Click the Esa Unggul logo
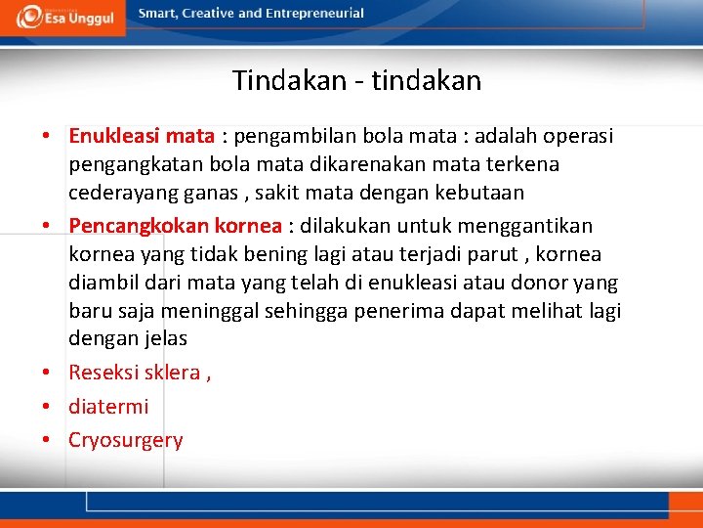pyautogui.click(x=63, y=17)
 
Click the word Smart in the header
pyautogui.click(x=158, y=14)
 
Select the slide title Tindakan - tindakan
pyautogui.click(x=356, y=80)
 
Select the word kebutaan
pyautogui.click(x=478, y=193)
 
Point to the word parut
pyautogui.click(x=503, y=254)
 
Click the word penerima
pyautogui.click(x=398, y=311)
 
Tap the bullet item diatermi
pyautogui.click(x=108, y=406)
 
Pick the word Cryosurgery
pyautogui.click(x=125, y=440)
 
